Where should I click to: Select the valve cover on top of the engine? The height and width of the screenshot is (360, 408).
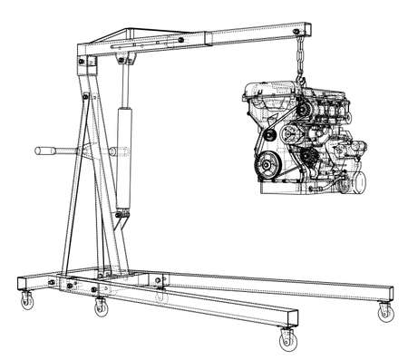click(272, 89)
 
